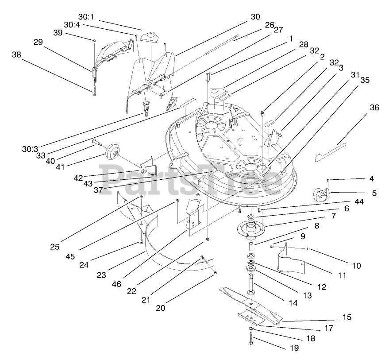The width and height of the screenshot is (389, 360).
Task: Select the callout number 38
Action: point(16,55)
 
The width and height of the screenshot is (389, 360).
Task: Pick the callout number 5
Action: point(374,193)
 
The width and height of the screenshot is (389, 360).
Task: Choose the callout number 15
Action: point(347,317)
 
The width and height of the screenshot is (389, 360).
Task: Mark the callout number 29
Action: point(38,42)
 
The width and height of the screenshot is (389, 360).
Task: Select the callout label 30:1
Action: point(86,16)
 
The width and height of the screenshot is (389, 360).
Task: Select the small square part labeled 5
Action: point(321,194)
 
